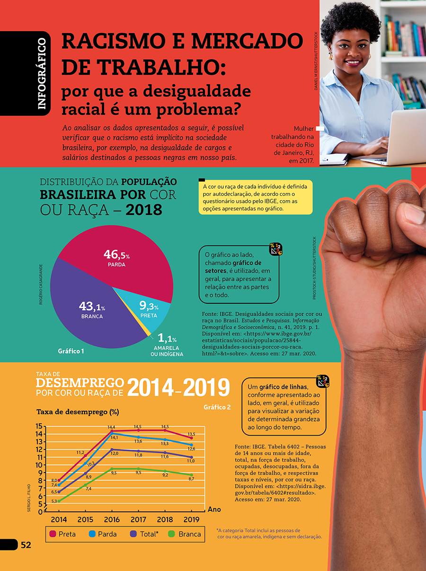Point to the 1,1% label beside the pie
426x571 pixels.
coord(167,338)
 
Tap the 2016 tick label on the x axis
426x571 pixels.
coord(112,519)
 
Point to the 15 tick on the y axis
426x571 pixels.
coord(39,426)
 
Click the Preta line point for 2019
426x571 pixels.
coord(192,438)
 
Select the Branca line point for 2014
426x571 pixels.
coord(59,501)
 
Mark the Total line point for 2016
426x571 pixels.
coord(112,449)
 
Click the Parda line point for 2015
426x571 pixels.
coord(85,464)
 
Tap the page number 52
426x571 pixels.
coord(26,545)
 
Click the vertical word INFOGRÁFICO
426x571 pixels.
coord(42,74)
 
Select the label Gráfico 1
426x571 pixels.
coord(71,351)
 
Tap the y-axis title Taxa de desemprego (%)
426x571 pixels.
coord(78,412)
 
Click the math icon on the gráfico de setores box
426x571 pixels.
coord(275,249)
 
